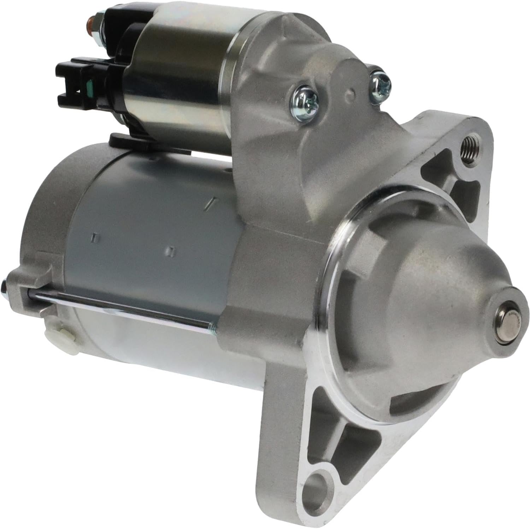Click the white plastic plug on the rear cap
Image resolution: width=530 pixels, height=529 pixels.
(x=57, y=332)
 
